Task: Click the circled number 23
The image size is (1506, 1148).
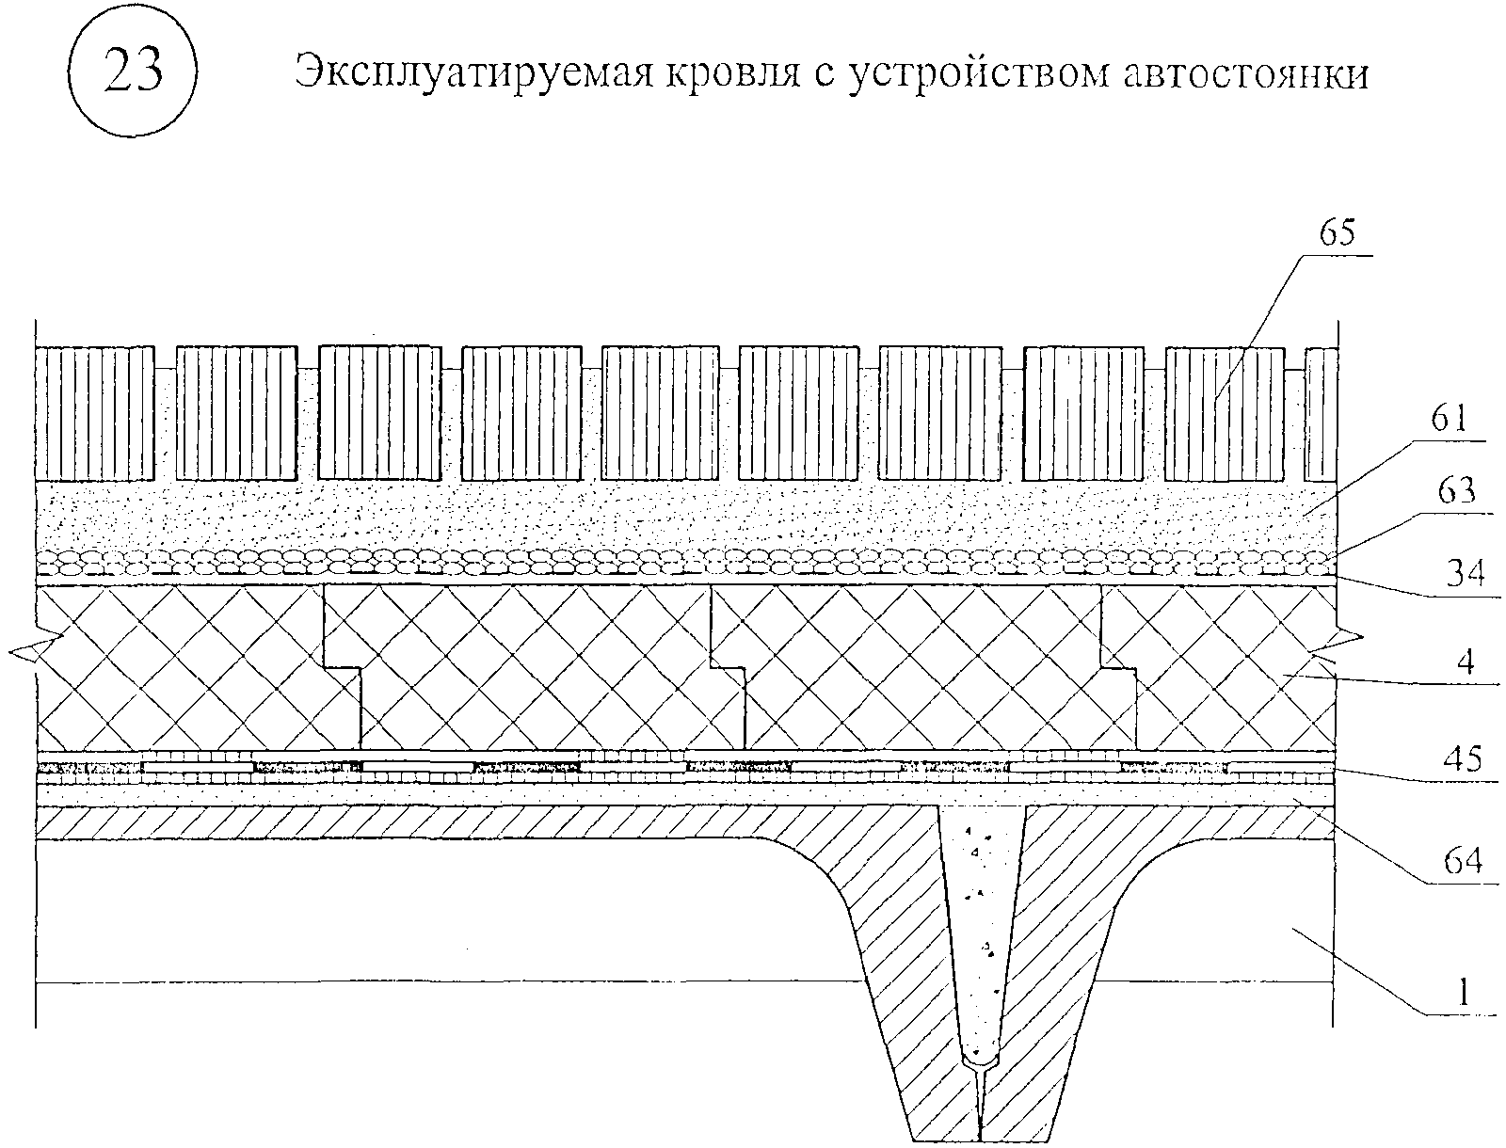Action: (x=131, y=72)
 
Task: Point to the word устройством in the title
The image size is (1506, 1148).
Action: (x=969, y=72)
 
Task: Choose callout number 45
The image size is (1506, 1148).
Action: (x=1461, y=758)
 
